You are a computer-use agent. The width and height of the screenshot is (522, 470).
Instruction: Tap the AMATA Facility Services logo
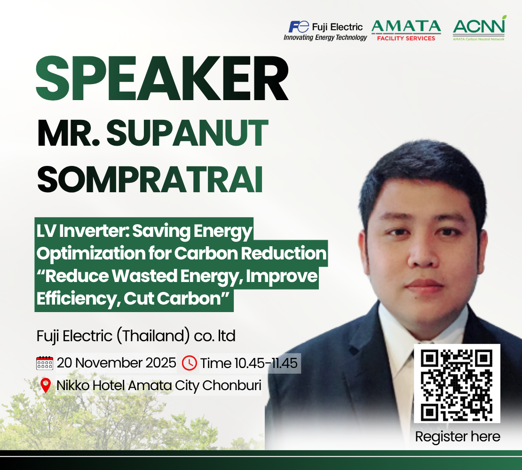406,31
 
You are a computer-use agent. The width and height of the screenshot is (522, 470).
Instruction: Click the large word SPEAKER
162,78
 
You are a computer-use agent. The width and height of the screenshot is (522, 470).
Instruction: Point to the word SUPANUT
187,133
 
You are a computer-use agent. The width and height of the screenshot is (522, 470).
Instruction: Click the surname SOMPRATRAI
150,179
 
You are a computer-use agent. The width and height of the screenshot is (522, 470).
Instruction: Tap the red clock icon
190,363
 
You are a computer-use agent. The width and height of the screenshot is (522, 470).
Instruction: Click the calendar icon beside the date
44,363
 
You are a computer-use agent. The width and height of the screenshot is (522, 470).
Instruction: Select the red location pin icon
46,385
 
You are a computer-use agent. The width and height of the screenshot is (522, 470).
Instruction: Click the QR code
457,384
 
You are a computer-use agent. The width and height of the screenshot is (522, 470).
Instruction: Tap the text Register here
458,437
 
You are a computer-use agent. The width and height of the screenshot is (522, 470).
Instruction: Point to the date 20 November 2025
116,362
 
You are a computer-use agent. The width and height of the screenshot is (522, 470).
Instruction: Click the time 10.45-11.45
266,363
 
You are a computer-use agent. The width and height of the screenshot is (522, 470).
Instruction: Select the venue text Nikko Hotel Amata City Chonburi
159,385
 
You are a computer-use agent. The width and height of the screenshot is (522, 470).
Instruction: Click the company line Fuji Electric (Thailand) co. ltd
136,336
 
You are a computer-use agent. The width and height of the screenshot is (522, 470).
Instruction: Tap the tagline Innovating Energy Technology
325,38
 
